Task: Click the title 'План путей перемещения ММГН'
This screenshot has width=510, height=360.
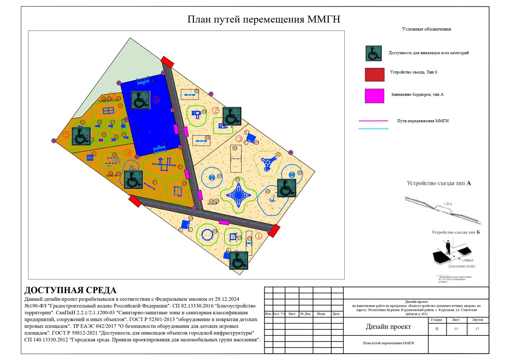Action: point(263,19)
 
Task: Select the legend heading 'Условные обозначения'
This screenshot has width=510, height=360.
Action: point(426,29)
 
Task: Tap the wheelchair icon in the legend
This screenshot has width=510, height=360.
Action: point(373,53)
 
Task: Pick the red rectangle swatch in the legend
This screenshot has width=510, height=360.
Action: point(374,75)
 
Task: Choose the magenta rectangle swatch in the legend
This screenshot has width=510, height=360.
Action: point(374,96)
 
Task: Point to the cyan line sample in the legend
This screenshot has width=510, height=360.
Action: point(373,129)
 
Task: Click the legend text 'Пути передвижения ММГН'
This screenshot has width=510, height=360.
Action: point(423,121)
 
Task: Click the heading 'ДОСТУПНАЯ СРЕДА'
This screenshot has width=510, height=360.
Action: point(70,290)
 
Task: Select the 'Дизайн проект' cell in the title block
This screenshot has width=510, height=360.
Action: point(388,327)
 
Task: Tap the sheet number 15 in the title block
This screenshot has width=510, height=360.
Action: point(456,329)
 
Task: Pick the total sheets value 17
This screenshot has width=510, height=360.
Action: point(477,329)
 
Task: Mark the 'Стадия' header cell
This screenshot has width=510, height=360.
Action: point(436,320)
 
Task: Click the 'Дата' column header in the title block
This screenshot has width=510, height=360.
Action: point(336,314)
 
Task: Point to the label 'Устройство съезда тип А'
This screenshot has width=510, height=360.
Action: point(439,183)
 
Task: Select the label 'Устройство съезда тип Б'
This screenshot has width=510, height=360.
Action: point(456,232)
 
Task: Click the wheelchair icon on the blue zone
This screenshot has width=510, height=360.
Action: point(140,100)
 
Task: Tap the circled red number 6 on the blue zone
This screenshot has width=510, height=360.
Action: point(156,99)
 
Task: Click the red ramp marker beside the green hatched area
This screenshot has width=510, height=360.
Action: point(167,62)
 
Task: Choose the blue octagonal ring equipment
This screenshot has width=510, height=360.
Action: point(207,234)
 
